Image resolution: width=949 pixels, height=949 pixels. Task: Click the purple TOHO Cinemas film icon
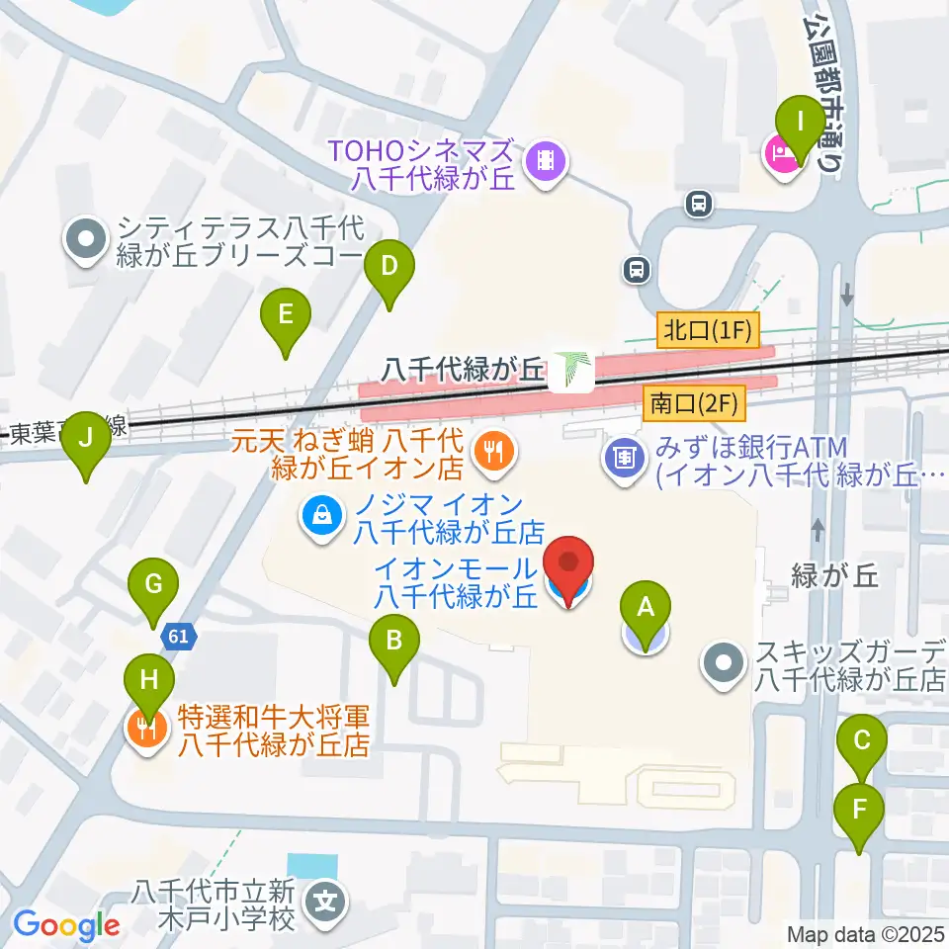pos(544,158)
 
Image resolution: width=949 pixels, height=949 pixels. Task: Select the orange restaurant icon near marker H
pos(146,731)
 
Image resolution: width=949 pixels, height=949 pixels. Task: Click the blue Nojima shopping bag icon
pos(321,514)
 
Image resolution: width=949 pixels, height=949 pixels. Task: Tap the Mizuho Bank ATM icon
pos(624,458)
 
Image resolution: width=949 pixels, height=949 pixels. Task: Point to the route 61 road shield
pos(179,638)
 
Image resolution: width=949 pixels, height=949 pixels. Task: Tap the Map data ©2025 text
pos(866,934)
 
